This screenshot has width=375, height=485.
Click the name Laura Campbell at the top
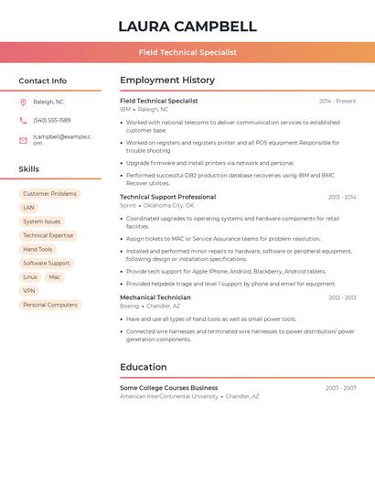187,26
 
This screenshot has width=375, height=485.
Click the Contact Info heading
43,81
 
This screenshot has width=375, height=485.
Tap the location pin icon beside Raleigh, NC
23,102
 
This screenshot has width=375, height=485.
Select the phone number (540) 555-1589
52,120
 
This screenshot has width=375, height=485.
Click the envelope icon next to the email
23,140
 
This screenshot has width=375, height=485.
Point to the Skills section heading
29,169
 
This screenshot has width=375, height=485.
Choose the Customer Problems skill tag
49,194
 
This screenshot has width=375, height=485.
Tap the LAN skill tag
28,208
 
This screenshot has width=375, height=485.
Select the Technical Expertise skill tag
48,235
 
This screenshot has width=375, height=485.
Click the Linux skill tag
30,276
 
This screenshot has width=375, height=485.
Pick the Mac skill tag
55,276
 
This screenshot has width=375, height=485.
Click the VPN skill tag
29,291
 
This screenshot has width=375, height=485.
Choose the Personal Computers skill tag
49,305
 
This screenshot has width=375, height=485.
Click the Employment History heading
167,81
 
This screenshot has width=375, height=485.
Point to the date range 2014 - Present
337,101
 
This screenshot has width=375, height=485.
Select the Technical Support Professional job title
167,197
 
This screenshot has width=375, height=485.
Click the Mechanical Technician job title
155,297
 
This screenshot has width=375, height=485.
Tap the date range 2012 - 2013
342,297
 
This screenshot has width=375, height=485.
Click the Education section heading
144,367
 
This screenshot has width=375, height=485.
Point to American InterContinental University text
169,396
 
